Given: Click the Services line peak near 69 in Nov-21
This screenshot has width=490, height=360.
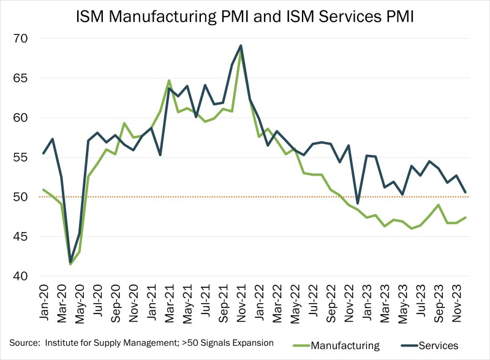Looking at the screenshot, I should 241,45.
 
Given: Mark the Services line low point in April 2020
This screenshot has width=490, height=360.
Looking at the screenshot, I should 71,261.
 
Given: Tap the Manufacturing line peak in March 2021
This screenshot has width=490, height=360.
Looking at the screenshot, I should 169,80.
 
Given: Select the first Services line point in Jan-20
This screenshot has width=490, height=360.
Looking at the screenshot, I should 43,153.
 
